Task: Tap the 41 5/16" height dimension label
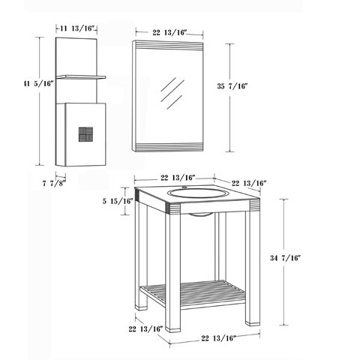coord(39,83)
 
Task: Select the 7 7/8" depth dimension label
coord(54,183)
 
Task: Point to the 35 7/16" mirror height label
coord(232,86)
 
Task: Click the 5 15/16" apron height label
coord(117,201)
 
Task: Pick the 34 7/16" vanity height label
coord(285,258)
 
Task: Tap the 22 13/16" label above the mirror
coord(169,32)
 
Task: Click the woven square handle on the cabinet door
coord(85,134)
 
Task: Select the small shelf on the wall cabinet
coord(81,77)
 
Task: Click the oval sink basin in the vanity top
coord(198,193)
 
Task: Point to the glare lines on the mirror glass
coord(172,93)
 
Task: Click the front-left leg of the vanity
coord(172,272)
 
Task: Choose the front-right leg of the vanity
coord(253,268)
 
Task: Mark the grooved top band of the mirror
coord(169,45)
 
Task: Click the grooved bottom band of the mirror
coord(169,146)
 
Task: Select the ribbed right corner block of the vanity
coord(254,205)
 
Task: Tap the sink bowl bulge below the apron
coord(202,214)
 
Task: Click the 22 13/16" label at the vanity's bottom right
coord(219,338)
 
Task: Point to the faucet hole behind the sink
coord(184,187)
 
